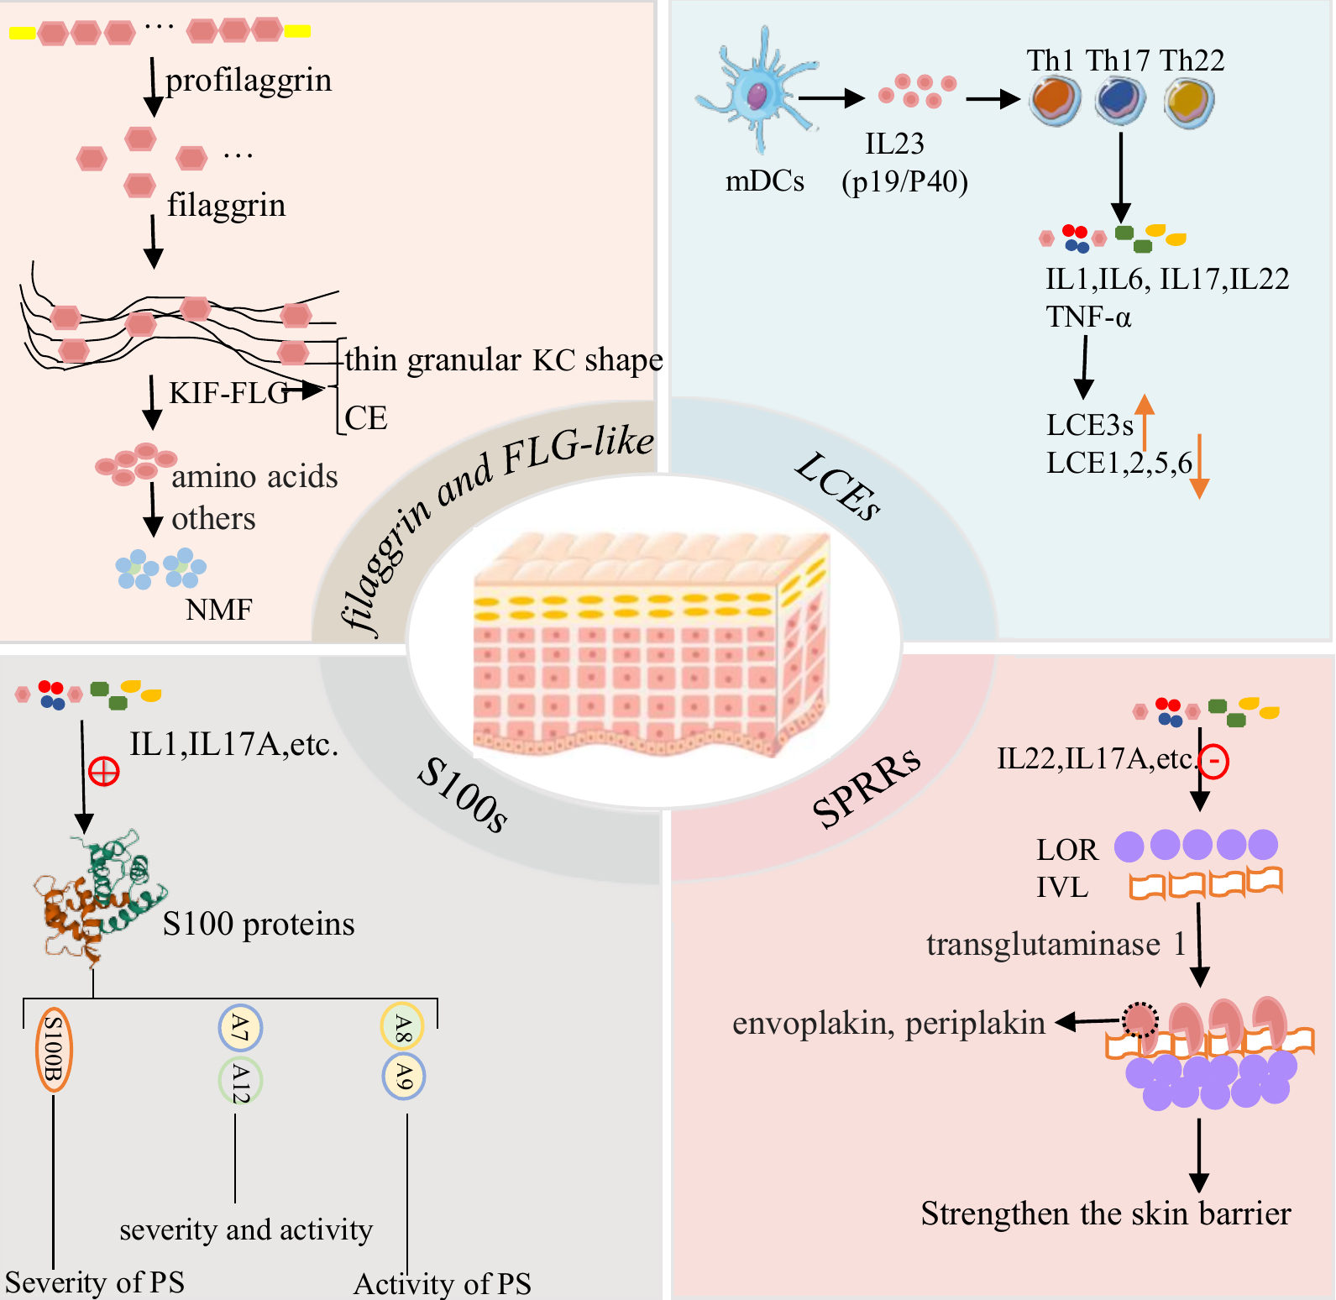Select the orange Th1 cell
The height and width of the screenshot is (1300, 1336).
1056,100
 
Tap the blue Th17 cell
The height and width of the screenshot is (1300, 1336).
1120,100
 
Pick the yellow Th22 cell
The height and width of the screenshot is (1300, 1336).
1189,102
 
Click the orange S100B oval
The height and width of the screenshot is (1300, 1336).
54,1049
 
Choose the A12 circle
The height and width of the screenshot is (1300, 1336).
240,1082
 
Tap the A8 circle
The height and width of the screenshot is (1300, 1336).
403,1026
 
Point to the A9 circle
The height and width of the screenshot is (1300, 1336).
404,1077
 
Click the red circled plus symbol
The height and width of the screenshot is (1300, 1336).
104,771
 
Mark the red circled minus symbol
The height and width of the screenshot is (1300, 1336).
1213,762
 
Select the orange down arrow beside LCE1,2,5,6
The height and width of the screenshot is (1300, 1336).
1200,467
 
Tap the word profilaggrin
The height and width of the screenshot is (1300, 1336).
249,81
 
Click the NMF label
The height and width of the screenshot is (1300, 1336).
218,609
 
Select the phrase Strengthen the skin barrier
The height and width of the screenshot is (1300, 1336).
1106,1214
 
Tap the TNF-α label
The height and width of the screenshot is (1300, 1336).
1088,317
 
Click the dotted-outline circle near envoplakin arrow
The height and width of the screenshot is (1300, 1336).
1140,1020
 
